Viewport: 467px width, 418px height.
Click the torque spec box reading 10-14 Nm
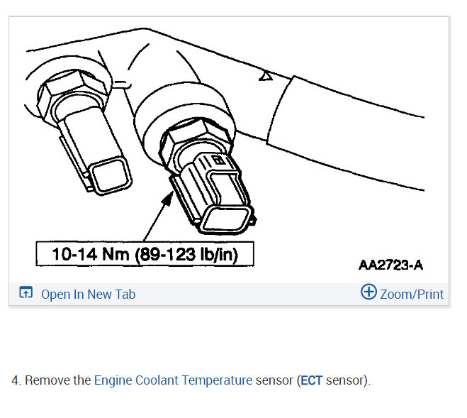click(x=145, y=254)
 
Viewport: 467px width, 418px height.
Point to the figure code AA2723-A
click(x=390, y=265)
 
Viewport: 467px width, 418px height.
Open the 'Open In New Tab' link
click(x=88, y=295)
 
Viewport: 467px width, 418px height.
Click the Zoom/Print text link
click(x=412, y=295)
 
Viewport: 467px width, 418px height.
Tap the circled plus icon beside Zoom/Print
click(x=368, y=292)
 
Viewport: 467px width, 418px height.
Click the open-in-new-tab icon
click(x=26, y=292)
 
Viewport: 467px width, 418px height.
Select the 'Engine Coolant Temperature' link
click(x=173, y=380)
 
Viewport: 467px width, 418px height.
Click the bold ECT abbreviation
click(x=312, y=380)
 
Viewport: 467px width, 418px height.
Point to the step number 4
click(x=16, y=380)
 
